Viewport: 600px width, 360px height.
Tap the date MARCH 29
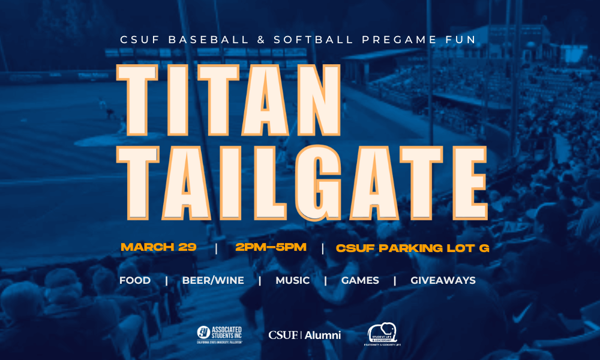[x=158, y=247]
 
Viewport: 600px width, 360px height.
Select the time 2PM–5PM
[x=271, y=247]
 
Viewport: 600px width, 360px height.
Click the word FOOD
[x=135, y=280]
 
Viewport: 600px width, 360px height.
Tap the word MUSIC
[x=293, y=280]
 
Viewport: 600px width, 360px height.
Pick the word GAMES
[x=360, y=280]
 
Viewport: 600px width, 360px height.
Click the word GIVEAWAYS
[x=443, y=280]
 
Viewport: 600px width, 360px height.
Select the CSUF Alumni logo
[x=305, y=335]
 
